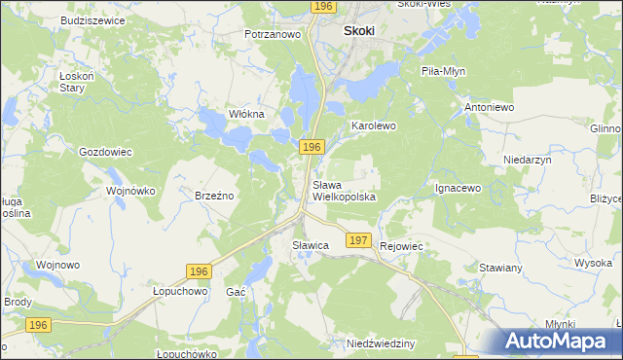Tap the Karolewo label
(373, 126)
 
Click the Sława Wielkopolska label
(344, 190)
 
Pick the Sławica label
(311, 246)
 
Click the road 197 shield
(358, 240)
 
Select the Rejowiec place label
(401, 247)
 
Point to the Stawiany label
(502, 267)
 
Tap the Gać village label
(235, 292)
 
